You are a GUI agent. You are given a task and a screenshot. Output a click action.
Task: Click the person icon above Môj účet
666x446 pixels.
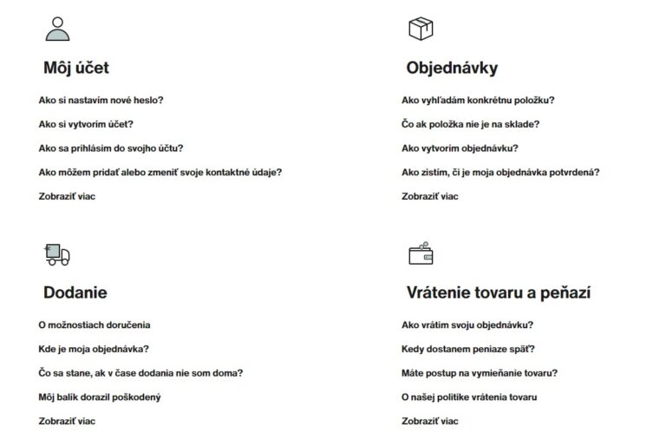coord(57,30)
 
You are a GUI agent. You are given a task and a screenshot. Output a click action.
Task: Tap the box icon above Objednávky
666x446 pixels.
coord(421,29)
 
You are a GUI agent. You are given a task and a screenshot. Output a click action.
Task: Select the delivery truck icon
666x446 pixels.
coord(57,254)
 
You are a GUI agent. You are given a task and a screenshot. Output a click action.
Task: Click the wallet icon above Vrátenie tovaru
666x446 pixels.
coord(421,253)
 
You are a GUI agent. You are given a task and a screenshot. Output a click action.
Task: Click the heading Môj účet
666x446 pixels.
coord(76,68)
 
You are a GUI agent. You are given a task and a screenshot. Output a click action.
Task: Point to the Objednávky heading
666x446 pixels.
coord(452,68)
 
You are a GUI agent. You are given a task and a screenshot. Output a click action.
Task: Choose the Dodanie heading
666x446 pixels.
coord(75,292)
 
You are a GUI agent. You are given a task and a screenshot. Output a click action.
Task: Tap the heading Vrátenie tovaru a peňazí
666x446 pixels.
coord(499,292)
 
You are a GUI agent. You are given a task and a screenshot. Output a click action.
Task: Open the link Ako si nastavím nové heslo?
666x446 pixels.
coord(101,100)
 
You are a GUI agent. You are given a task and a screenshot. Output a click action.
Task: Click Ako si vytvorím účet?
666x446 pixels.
coord(86,124)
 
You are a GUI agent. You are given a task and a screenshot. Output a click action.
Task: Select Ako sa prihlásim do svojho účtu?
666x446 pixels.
coord(111,148)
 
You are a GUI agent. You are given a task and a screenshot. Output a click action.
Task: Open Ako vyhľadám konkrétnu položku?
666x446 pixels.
coord(479,100)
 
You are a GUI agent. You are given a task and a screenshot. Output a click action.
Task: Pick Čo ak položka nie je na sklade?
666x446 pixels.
coord(471,124)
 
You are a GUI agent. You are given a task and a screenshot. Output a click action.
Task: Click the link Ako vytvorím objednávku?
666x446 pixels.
coord(460,148)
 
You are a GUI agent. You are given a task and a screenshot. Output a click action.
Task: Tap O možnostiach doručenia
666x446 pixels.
coord(95,325)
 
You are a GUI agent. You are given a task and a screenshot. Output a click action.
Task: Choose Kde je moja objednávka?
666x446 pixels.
coord(94,349)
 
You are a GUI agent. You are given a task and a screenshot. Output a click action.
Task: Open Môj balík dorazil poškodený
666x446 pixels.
coord(100,397)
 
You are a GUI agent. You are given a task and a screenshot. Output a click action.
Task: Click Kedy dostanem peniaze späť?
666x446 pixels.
coord(468,349)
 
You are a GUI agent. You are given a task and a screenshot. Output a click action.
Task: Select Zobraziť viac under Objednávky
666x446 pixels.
coord(430,196)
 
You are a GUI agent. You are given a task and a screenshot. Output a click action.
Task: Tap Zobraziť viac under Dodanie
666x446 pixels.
coord(67,422)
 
